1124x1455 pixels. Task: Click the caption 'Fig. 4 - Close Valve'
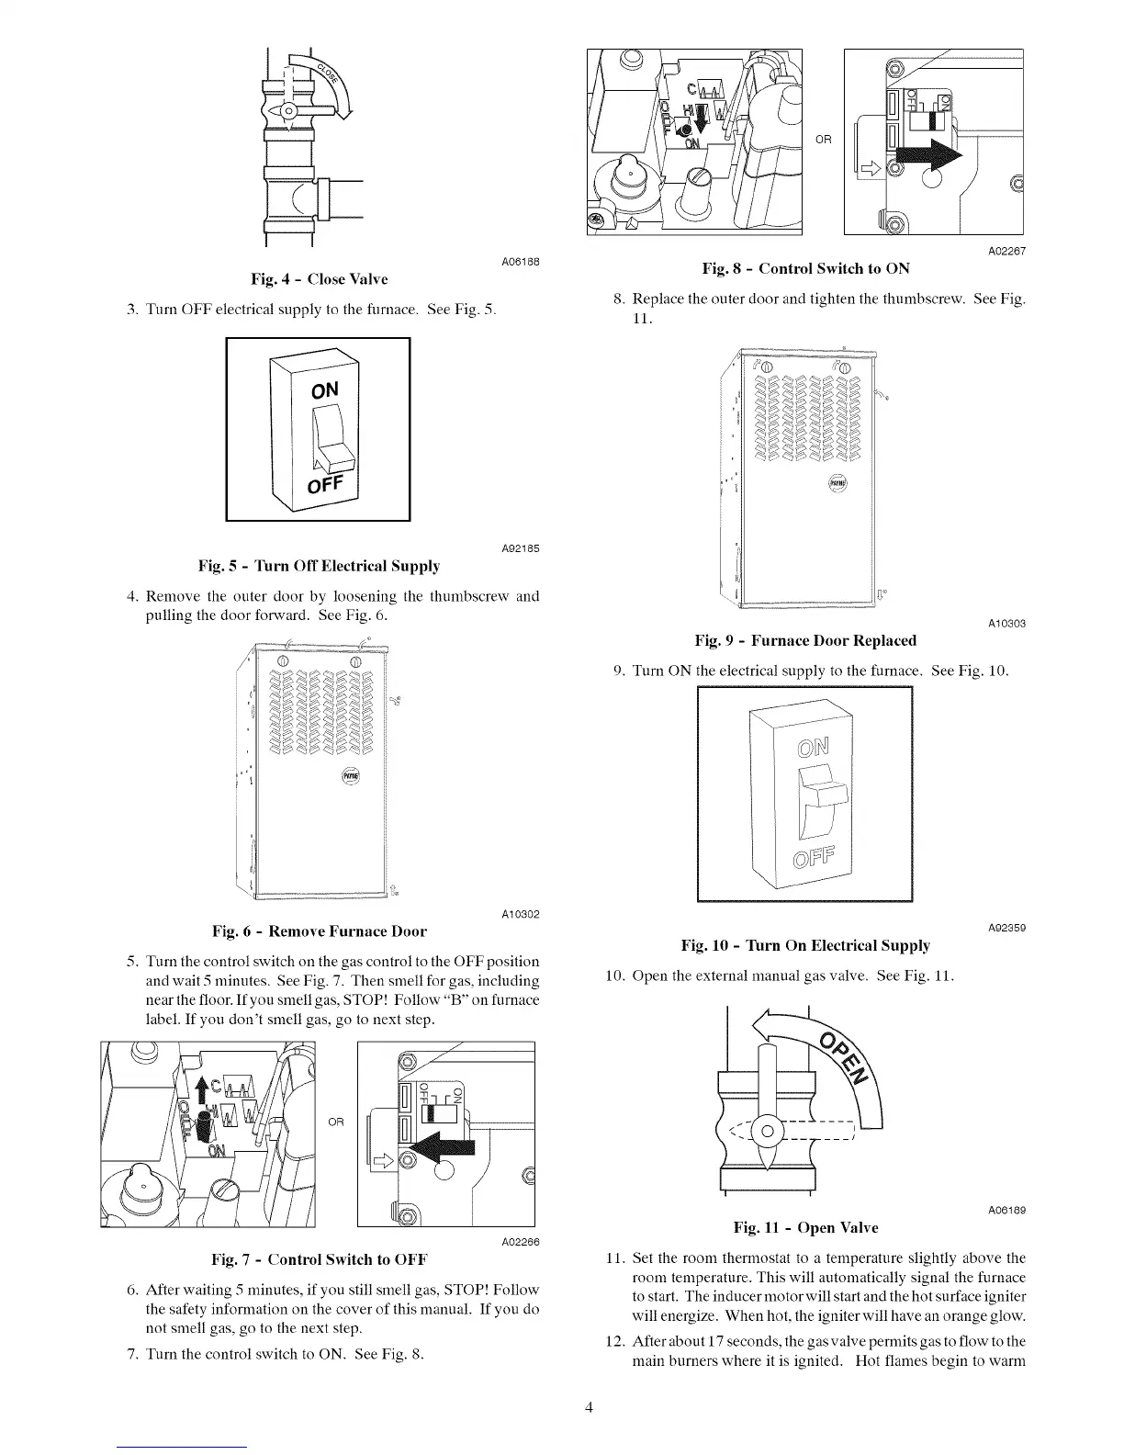[314, 279]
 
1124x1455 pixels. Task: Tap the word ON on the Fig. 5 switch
[325, 389]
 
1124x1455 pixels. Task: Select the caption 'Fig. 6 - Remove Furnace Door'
[320, 931]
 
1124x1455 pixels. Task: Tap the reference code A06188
[520, 261]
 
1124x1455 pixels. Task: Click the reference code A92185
[519, 548]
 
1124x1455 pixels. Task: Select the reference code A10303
[1006, 624]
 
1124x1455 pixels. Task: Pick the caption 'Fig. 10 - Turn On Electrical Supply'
[805, 945]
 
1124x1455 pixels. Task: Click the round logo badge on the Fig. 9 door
[837, 482]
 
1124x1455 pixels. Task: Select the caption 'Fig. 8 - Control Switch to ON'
[805, 268]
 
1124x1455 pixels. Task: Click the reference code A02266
[519, 1242]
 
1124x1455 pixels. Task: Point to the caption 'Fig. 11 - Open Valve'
[805, 1228]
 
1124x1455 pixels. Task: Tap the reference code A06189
[1006, 1210]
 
